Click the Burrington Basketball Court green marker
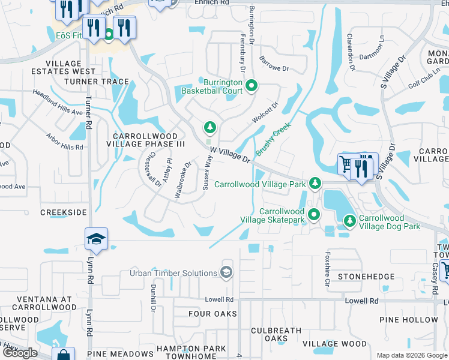(x=252, y=87)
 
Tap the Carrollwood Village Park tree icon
(x=314, y=184)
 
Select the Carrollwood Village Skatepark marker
(x=313, y=214)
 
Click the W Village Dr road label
(x=230, y=155)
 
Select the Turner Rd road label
(x=88, y=114)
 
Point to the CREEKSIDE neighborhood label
(x=60, y=212)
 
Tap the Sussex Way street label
(x=208, y=173)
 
